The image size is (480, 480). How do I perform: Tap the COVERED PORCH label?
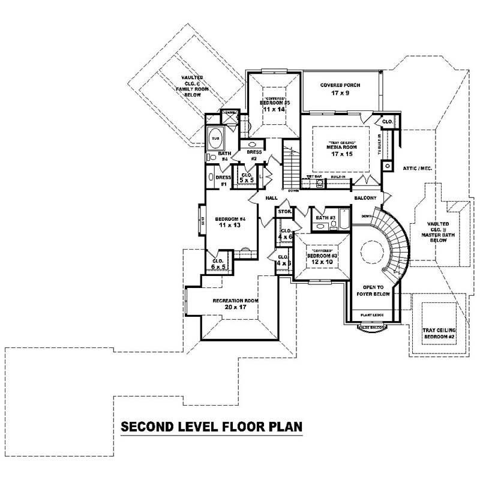coord(340,85)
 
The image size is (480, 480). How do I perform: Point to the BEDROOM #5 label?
coord(275,103)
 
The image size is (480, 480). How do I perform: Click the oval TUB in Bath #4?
coord(215,139)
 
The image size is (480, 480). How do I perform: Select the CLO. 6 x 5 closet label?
coord(218,263)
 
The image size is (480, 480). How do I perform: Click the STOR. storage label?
coord(284,212)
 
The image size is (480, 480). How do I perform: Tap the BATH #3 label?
coord(325,217)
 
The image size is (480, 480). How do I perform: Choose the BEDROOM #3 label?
coord(322,256)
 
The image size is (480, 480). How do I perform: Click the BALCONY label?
coord(365,197)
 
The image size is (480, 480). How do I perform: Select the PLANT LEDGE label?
coord(372,314)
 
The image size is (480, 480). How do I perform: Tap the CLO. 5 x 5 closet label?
coord(246,177)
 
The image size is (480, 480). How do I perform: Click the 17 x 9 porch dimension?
coord(340,94)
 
